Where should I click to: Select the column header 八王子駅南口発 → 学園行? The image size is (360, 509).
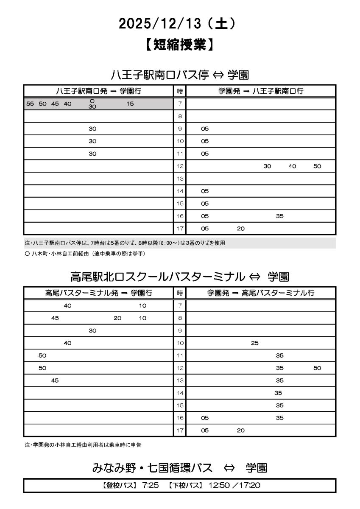(99, 91)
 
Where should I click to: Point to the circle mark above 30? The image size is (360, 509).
(92, 101)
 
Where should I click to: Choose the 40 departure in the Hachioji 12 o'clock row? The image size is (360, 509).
(292, 166)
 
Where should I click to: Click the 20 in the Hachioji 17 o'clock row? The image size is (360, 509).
(241, 229)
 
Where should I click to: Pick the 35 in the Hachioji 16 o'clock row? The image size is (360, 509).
(279, 216)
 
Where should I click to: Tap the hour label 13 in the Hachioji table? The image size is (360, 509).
(180, 179)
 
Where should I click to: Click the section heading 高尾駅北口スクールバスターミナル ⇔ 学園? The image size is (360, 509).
(180, 277)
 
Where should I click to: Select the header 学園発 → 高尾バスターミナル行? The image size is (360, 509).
(261, 293)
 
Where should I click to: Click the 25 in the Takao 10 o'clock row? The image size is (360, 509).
(254, 343)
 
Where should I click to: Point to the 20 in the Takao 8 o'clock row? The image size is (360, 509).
(117, 318)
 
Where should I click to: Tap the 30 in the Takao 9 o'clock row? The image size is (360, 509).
(92, 330)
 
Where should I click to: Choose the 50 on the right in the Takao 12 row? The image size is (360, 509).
(317, 368)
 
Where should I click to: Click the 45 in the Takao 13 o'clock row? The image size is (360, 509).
(55, 380)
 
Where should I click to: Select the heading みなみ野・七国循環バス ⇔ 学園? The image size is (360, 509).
(180, 468)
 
